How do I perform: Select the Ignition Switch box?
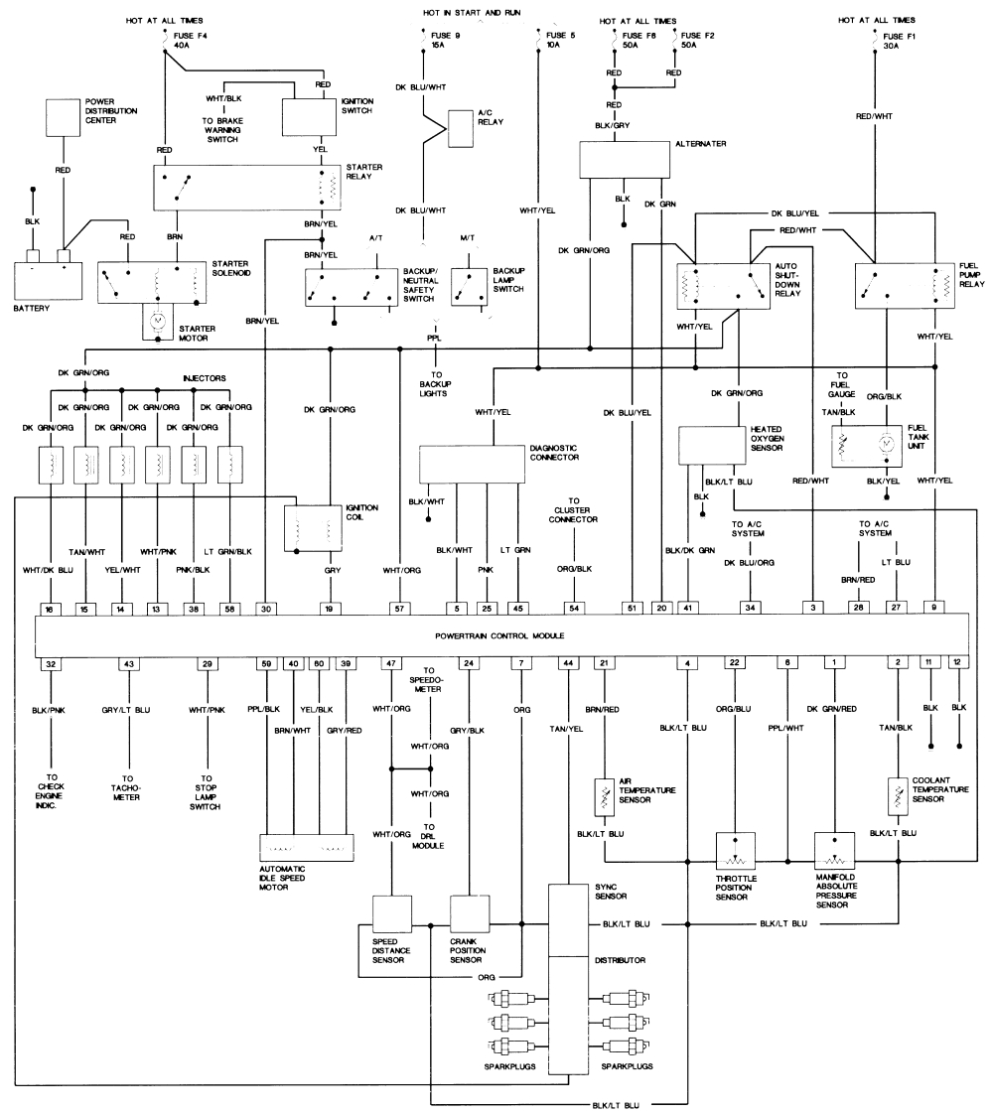311,118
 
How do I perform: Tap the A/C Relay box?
461,128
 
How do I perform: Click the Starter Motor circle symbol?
158,322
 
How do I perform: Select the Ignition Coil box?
313,527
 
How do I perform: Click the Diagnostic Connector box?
472,463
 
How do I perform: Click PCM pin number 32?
51,663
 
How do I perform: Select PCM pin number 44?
568,663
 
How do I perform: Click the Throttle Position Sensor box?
736,851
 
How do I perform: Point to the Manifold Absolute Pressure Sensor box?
834,851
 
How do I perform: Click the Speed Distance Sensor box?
391,911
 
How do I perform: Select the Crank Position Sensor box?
471,911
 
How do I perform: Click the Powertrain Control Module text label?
498,634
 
